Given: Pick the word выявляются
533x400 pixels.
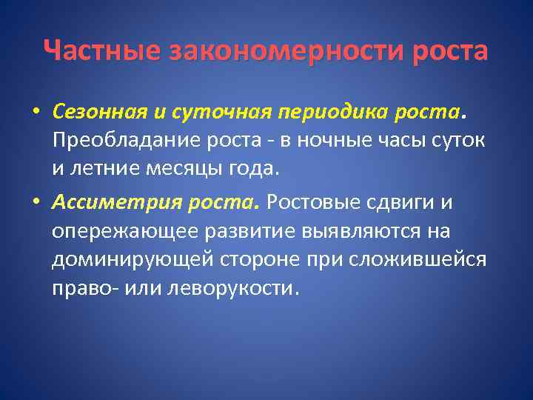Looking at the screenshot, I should pos(361,230).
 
